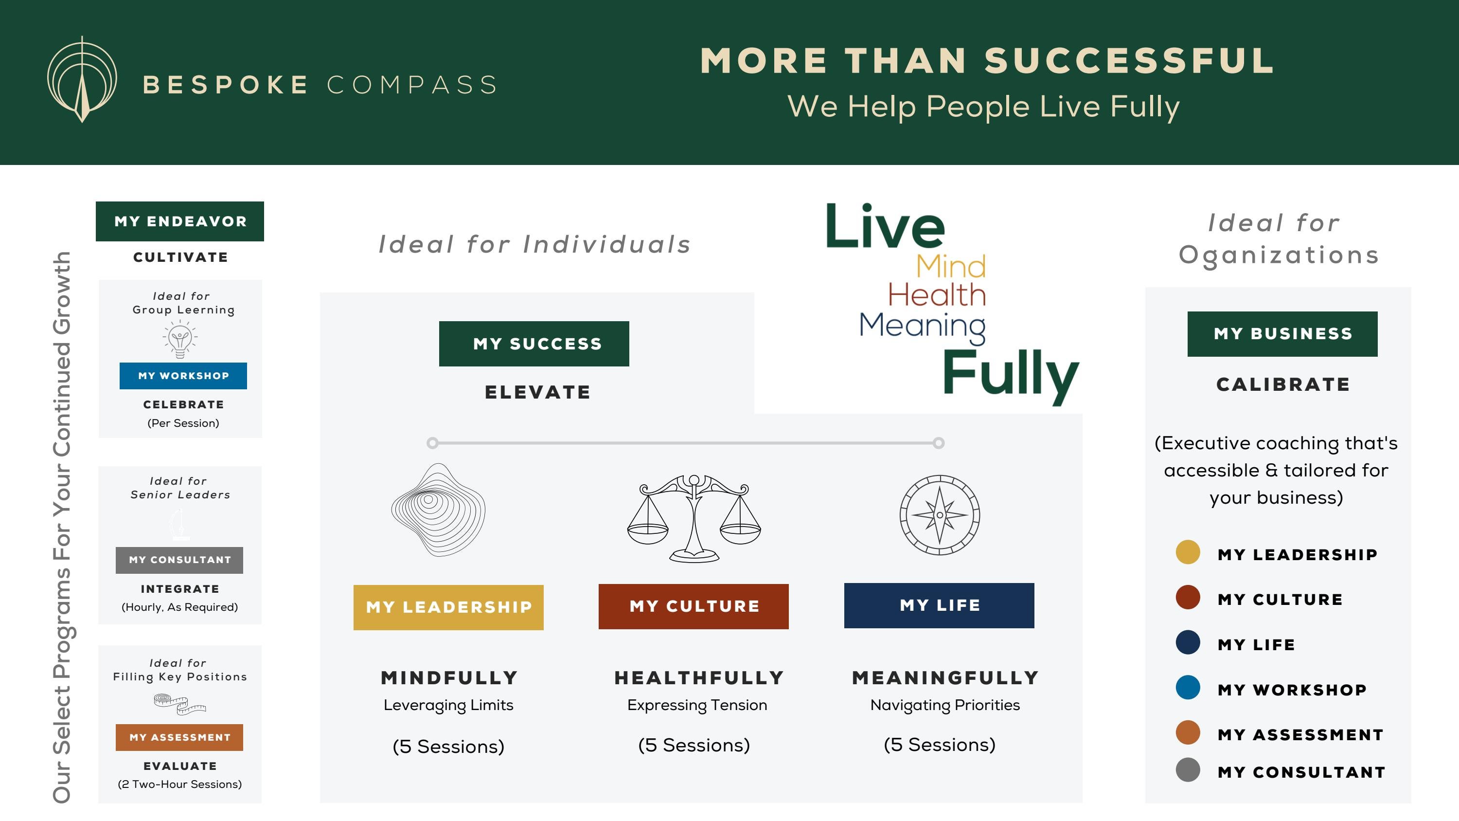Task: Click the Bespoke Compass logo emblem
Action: point(82,79)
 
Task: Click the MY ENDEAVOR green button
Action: point(179,221)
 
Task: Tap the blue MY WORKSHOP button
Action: point(183,376)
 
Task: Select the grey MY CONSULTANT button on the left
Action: point(179,560)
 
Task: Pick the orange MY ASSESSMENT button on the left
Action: point(179,737)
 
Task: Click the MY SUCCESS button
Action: point(534,344)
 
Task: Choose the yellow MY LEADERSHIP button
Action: point(448,607)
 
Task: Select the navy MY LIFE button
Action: point(939,605)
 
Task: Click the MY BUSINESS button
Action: point(1282,334)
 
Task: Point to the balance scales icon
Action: point(694,518)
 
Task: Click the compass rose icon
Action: point(940,514)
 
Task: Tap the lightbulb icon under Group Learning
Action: point(180,339)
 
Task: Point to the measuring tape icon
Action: point(180,703)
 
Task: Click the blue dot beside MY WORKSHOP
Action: point(1188,687)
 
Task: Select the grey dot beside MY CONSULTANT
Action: point(1188,769)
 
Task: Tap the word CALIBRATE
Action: point(1283,384)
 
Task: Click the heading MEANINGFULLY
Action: point(945,677)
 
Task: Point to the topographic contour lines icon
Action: point(438,510)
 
